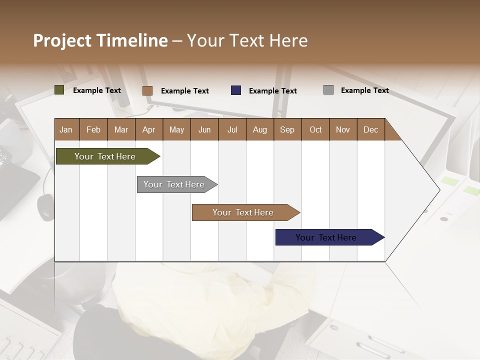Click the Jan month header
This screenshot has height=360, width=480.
coord(66,129)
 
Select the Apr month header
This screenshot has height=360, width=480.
coord(148,129)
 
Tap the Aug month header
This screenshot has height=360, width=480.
coord(259,129)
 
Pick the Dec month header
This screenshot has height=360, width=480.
coord(370,129)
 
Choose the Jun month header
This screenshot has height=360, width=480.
coord(204,129)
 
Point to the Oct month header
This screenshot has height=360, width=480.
coord(315,129)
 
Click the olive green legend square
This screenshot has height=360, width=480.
coord(59,90)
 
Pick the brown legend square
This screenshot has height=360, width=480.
coord(147,90)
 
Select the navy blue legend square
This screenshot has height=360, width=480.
coord(235,90)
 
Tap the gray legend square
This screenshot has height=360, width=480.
coord(328,90)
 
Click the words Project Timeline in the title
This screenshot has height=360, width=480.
coord(100,40)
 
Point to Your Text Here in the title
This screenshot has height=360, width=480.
coord(247,40)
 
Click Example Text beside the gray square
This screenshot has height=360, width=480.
coord(364,90)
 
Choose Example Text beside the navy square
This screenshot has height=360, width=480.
coord(272,91)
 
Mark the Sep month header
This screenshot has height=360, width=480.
coord(287,129)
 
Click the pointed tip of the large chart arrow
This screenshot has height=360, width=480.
coord(438,189)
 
